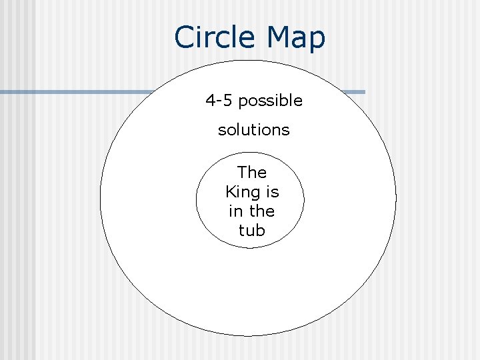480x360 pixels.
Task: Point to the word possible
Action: pos(270,101)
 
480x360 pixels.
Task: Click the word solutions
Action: pos(254,130)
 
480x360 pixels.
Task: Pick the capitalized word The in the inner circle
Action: pos(251,172)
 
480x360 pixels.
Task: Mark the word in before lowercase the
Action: pos(235,211)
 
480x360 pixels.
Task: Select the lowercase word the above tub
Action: pos(261,211)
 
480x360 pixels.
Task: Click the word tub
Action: pos(251,231)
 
